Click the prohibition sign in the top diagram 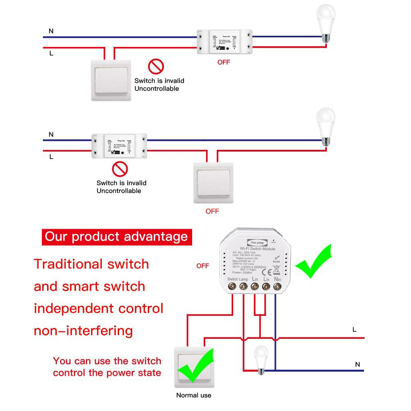tap(156, 66)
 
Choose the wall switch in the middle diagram tap(214, 182)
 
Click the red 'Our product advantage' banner tap(117, 237)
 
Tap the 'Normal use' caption tap(194, 395)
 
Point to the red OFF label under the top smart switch tap(224, 62)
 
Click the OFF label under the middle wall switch tap(212, 211)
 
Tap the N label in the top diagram tap(51, 31)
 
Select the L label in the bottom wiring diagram tap(354, 329)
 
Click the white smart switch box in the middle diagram tap(119, 146)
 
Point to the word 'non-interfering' tap(83, 331)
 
